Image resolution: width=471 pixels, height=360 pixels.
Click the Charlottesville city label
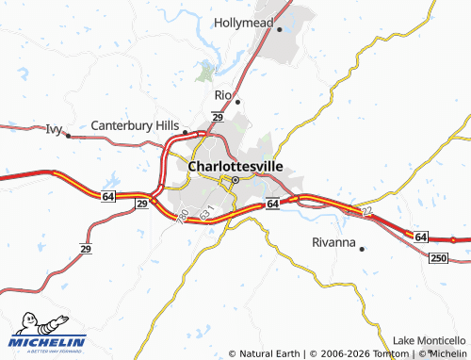[x=235, y=165]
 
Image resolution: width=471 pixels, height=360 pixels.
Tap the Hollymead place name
[x=243, y=22]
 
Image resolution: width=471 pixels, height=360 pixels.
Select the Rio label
[x=222, y=95]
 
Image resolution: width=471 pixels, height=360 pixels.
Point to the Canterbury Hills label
[x=135, y=124]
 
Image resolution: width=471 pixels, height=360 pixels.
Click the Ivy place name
[x=53, y=128]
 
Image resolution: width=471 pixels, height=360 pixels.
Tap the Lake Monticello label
[x=430, y=339]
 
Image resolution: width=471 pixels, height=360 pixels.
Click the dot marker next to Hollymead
[x=280, y=29]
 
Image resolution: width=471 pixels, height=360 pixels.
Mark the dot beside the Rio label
[x=237, y=102]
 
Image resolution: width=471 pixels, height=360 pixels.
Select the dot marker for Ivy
[x=69, y=135]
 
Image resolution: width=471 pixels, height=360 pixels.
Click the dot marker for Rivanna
[x=362, y=249]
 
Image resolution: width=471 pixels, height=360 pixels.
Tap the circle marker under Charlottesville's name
[x=235, y=178]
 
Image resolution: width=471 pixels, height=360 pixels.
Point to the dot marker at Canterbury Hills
[x=186, y=132]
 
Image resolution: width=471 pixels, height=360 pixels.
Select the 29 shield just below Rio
[x=217, y=117]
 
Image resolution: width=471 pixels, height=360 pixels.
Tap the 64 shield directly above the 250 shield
[x=420, y=236]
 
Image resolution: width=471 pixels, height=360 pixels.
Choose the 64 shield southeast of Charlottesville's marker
[x=271, y=204]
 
